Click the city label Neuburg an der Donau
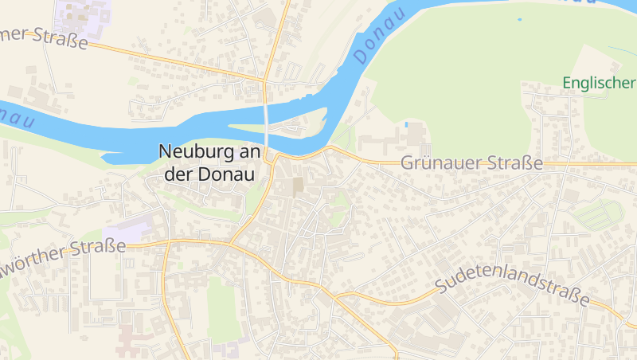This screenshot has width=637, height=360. pos(212,162)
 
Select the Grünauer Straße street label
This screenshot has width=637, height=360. pos(471,163)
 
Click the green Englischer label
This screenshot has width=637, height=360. pos(599,83)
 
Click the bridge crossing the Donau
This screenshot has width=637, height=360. pos(267,119)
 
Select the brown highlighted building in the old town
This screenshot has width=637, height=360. pos(298,188)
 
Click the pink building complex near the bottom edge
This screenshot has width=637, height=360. pos(132,341)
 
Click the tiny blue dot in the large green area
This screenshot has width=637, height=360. pos(519,19)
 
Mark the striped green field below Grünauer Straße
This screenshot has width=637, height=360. pos(599,213)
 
